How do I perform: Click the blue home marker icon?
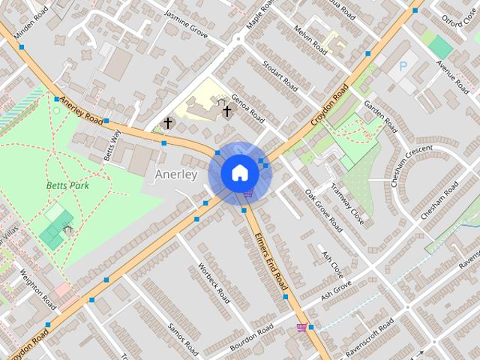tap(240, 172)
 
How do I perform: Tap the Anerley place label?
tap(175, 175)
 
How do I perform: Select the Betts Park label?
tap(67, 184)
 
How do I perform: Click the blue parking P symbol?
tap(403, 67)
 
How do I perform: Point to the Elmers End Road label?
tap(271, 261)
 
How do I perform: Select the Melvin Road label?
tap(310, 40)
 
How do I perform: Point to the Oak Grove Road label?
tap(324, 210)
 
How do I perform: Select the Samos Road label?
tap(183, 338)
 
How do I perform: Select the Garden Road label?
tap(380, 112)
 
